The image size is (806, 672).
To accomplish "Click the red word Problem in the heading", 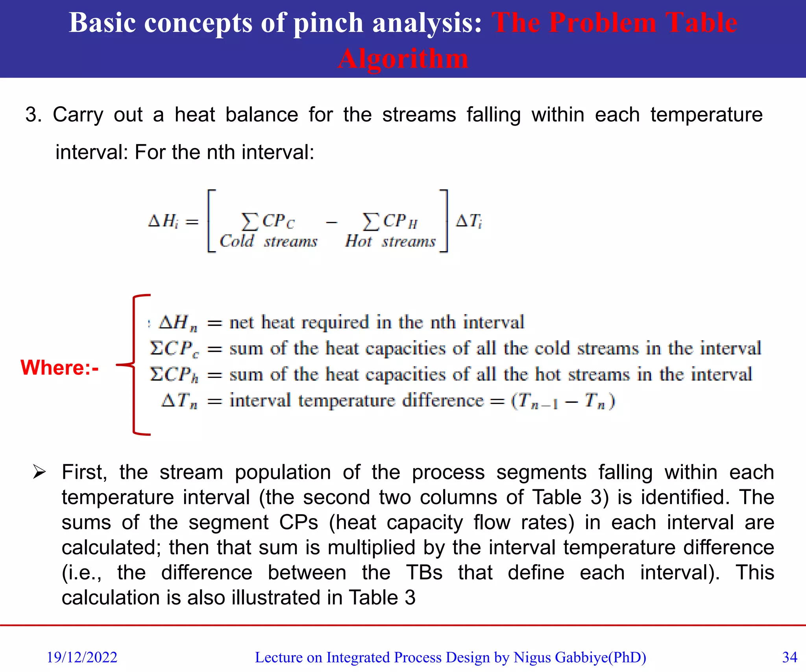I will click(603, 22).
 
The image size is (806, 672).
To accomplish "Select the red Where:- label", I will click(59, 368).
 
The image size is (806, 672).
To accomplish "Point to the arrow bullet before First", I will click(39, 472).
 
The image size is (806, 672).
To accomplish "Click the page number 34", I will click(789, 657).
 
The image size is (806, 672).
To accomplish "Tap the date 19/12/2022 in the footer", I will click(82, 657).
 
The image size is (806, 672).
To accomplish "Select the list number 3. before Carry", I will click(33, 115).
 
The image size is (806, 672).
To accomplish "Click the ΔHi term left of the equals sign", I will click(163, 221).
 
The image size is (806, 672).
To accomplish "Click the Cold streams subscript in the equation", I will click(268, 241).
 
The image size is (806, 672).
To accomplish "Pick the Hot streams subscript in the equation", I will click(390, 241).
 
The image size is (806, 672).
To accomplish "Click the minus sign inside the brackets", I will click(331, 222).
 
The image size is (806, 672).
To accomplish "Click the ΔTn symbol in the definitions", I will click(179, 401).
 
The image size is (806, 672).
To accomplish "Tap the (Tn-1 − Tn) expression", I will click(563, 401).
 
